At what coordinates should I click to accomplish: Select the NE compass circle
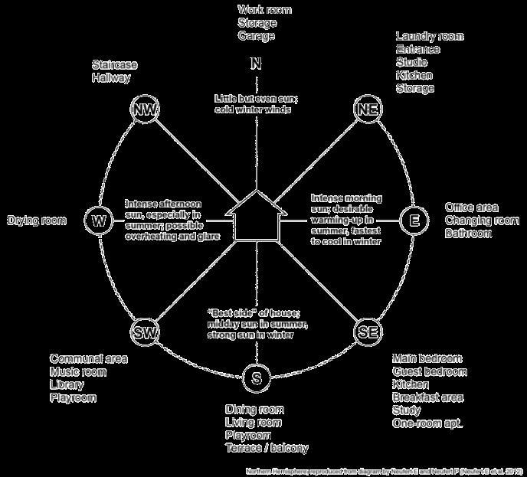367,109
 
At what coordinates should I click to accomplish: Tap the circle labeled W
99,221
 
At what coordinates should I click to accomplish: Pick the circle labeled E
414,221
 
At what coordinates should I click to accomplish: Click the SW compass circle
145,332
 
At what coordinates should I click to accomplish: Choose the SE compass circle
367,332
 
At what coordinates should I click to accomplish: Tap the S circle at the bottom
256,377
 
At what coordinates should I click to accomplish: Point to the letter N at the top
256,64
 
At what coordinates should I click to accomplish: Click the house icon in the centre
256,218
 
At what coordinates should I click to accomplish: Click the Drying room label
37,221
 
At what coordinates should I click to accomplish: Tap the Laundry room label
429,36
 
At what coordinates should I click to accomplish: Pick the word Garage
256,36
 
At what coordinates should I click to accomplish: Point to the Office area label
472,207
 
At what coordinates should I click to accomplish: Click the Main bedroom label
427,358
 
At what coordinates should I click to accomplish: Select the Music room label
78,372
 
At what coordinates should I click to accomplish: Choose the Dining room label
253,409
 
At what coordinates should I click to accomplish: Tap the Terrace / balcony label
267,448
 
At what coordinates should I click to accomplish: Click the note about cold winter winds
253,105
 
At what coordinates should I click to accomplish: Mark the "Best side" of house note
251,322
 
